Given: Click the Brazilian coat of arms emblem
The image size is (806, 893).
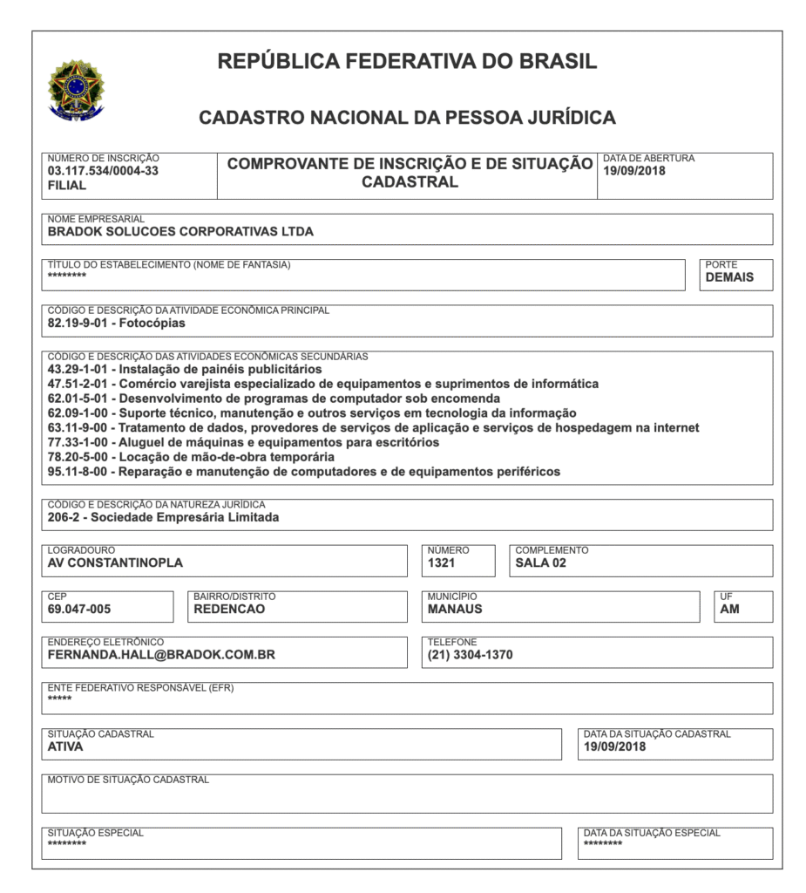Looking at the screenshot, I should point(75,89).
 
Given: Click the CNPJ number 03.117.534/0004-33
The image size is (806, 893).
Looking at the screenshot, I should point(103,171).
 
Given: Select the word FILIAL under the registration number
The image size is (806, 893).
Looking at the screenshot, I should point(67,186).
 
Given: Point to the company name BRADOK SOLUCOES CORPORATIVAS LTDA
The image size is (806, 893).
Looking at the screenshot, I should point(180,232).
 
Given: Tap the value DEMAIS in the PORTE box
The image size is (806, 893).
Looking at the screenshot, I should point(728,278).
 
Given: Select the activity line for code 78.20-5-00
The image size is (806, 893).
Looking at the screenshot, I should point(191,457).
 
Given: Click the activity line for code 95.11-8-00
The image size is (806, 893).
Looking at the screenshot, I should point(303,472).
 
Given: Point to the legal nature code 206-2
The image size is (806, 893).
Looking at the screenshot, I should point(64,517).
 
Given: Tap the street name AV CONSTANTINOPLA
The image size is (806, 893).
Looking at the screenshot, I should point(115,563).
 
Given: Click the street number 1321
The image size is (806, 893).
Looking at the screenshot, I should point(441,563).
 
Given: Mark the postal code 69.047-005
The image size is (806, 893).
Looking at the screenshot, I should point(79,610).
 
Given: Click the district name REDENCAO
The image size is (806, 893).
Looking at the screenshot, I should point(229,610).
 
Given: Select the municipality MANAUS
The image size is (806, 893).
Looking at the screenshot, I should point(455,610).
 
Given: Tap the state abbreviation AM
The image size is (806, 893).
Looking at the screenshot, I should point(729,610).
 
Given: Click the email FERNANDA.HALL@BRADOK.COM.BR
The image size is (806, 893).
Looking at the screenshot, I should point(161,655).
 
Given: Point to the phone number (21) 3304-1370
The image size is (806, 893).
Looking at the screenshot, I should point(470,655).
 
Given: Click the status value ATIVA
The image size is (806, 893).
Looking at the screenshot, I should point(65,746).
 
